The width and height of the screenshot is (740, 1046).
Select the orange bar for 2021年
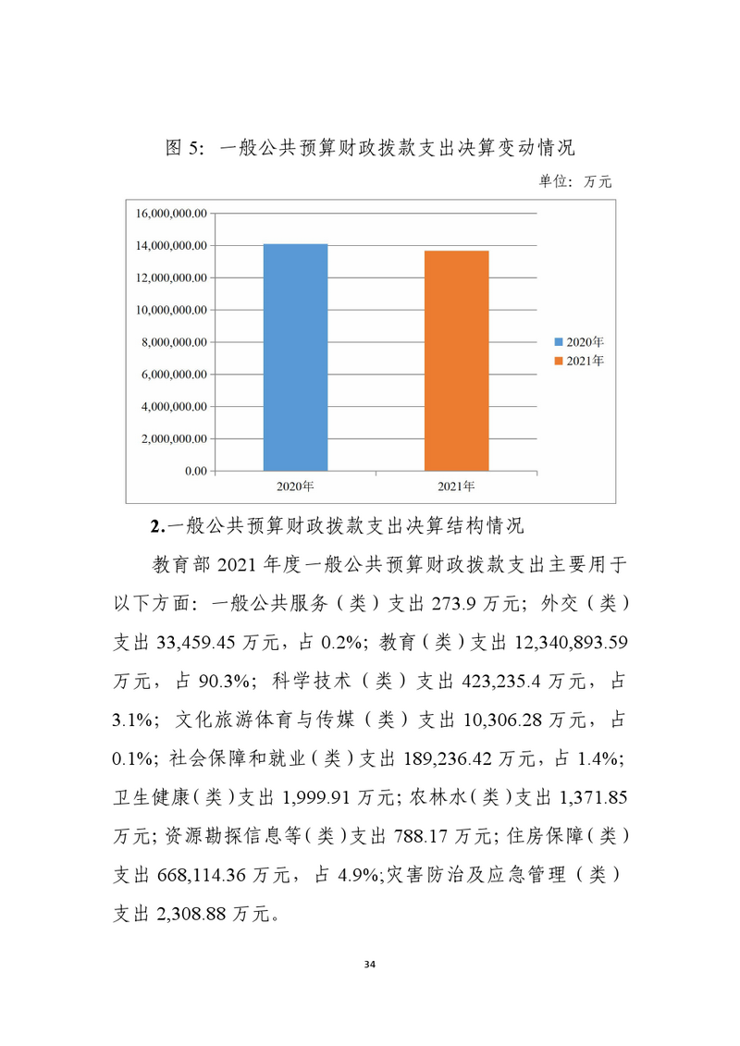[456, 361]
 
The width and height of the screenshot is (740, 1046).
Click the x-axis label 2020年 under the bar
[295, 486]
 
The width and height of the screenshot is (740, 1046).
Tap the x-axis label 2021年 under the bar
[456, 486]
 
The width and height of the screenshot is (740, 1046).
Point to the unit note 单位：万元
[575, 181]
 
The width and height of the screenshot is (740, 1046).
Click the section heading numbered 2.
[337, 527]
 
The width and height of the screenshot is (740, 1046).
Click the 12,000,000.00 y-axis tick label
[171, 277]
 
